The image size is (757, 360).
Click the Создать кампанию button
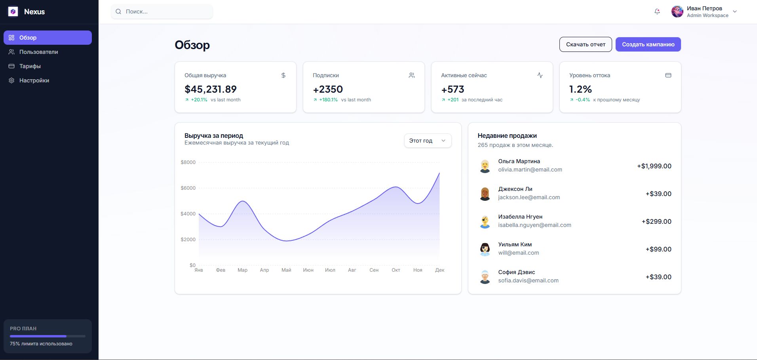coord(648,44)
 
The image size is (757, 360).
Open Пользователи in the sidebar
coord(38,52)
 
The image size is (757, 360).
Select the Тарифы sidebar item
coord(30,66)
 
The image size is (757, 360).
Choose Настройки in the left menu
coord(34,80)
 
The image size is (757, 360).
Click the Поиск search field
coord(166,11)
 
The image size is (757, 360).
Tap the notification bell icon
coord(657,11)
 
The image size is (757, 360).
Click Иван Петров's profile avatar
coord(677,11)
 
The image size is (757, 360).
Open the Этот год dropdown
coord(428,141)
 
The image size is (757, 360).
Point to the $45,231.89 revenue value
coord(211,89)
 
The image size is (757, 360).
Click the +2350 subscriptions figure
coord(328,89)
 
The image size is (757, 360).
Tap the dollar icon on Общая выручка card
coord(283,75)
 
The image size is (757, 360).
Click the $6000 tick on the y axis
coord(188,188)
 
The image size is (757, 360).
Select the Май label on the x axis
coord(286,270)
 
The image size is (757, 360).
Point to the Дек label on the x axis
coord(439,270)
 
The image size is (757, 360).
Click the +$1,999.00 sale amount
coord(654,166)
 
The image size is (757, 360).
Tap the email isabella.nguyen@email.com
coord(534,225)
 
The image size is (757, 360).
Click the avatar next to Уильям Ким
coord(485,249)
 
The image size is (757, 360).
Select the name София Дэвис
coord(516,272)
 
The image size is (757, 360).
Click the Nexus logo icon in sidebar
coord(13,11)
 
